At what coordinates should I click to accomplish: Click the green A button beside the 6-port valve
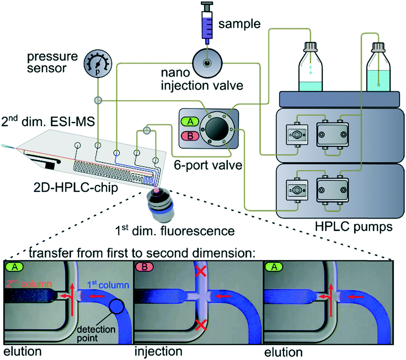pos(190,121)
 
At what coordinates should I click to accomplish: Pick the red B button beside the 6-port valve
pos(190,136)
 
